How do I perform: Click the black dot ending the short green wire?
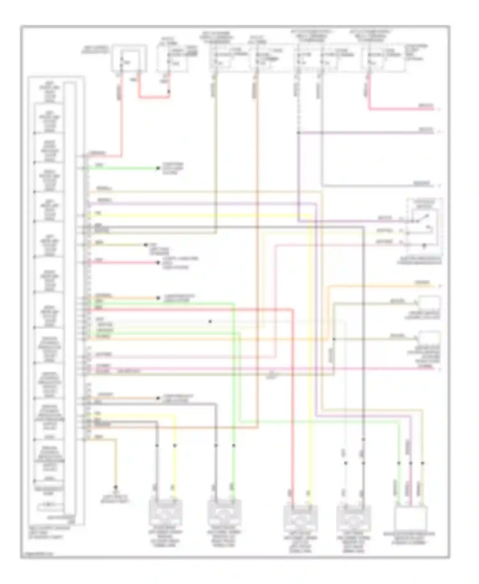click(x=158, y=168)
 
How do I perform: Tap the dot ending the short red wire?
click(x=158, y=263)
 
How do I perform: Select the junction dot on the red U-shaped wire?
click(x=169, y=92)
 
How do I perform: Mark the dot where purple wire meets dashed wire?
click(x=298, y=133)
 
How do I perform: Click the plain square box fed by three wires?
click(x=410, y=519)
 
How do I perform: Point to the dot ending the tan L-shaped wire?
click(x=116, y=487)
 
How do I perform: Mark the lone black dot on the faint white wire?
click(x=210, y=321)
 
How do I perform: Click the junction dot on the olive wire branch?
click(x=334, y=339)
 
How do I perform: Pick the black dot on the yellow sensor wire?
click(x=175, y=445)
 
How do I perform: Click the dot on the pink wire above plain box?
click(x=411, y=463)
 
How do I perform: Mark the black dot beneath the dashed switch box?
click(x=424, y=246)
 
